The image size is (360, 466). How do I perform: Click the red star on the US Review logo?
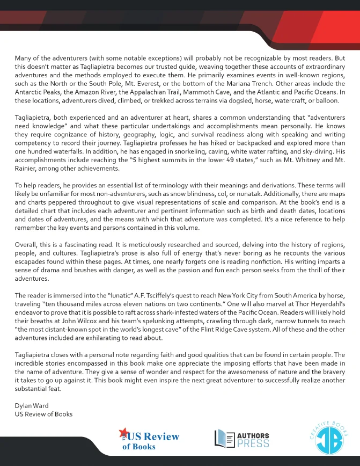[x=123, y=433]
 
